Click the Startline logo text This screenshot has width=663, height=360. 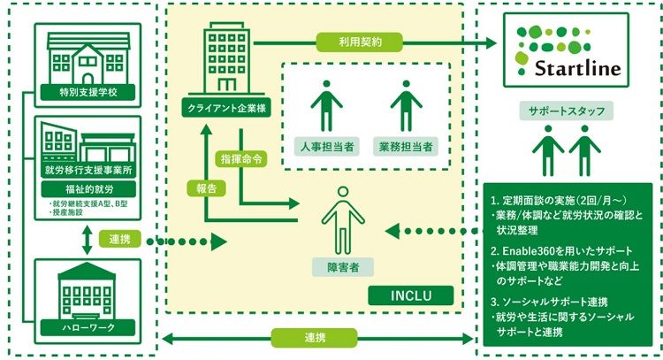pos(579,68)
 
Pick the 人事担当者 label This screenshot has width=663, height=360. pos(326,145)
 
